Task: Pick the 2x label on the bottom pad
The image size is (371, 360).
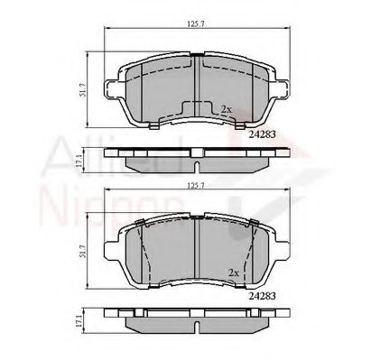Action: [x=234, y=272]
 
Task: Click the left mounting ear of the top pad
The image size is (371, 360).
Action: [x=115, y=90]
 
